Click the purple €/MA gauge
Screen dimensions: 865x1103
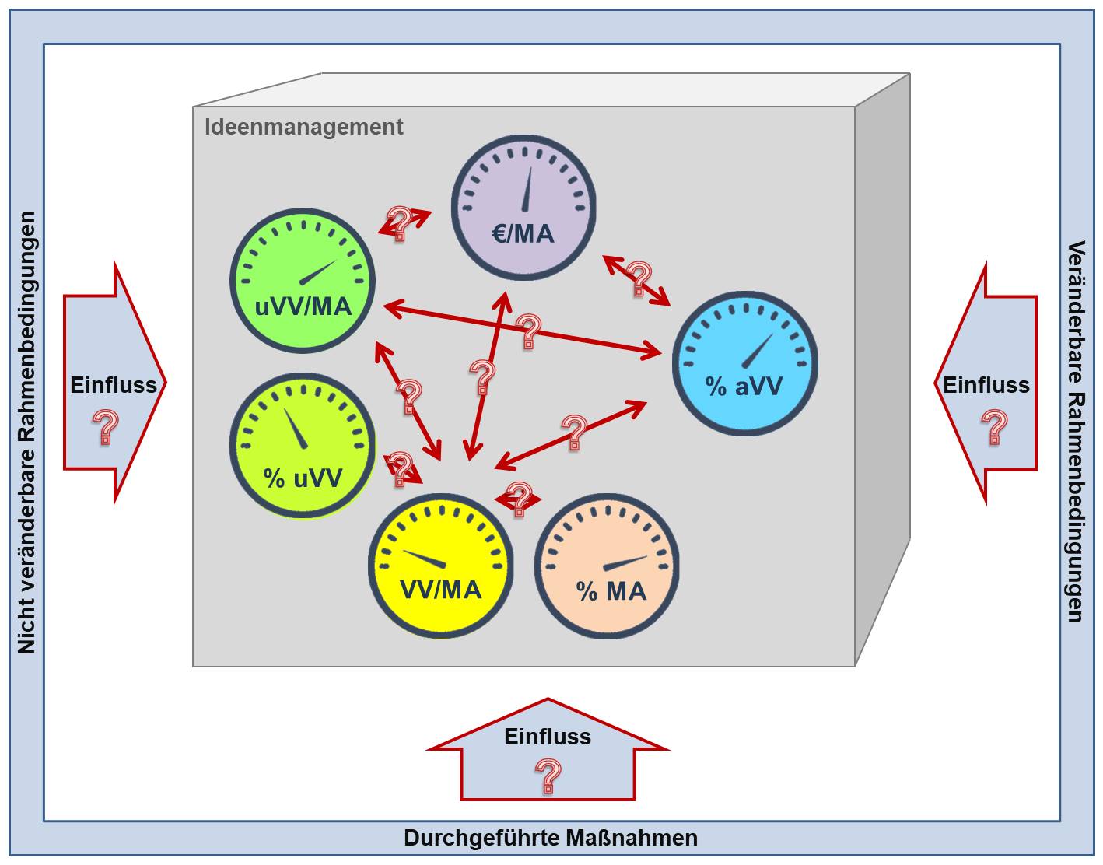(x=523, y=207)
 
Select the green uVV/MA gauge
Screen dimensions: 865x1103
(x=303, y=280)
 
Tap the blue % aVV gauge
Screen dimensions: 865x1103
(x=744, y=363)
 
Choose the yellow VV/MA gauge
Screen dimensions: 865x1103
(x=440, y=566)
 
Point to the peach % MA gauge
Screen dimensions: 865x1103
(x=607, y=566)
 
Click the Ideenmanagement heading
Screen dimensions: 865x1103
(x=303, y=127)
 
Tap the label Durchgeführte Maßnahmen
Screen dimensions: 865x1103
(x=551, y=838)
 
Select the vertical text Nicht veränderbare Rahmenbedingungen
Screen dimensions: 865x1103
(x=27, y=432)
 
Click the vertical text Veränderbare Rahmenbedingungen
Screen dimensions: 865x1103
(x=1075, y=432)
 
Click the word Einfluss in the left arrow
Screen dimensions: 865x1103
(x=114, y=385)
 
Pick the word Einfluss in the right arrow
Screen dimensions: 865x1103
(x=986, y=385)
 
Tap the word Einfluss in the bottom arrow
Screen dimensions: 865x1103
(x=548, y=737)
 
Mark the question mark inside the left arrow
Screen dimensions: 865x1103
(x=106, y=427)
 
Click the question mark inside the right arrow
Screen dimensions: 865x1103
(x=994, y=427)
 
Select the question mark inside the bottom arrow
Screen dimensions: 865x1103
(x=548, y=776)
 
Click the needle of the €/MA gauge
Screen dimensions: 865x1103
(x=528, y=189)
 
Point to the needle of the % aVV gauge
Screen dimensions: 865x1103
(x=758, y=351)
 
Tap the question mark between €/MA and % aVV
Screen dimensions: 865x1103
(x=639, y=278)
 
